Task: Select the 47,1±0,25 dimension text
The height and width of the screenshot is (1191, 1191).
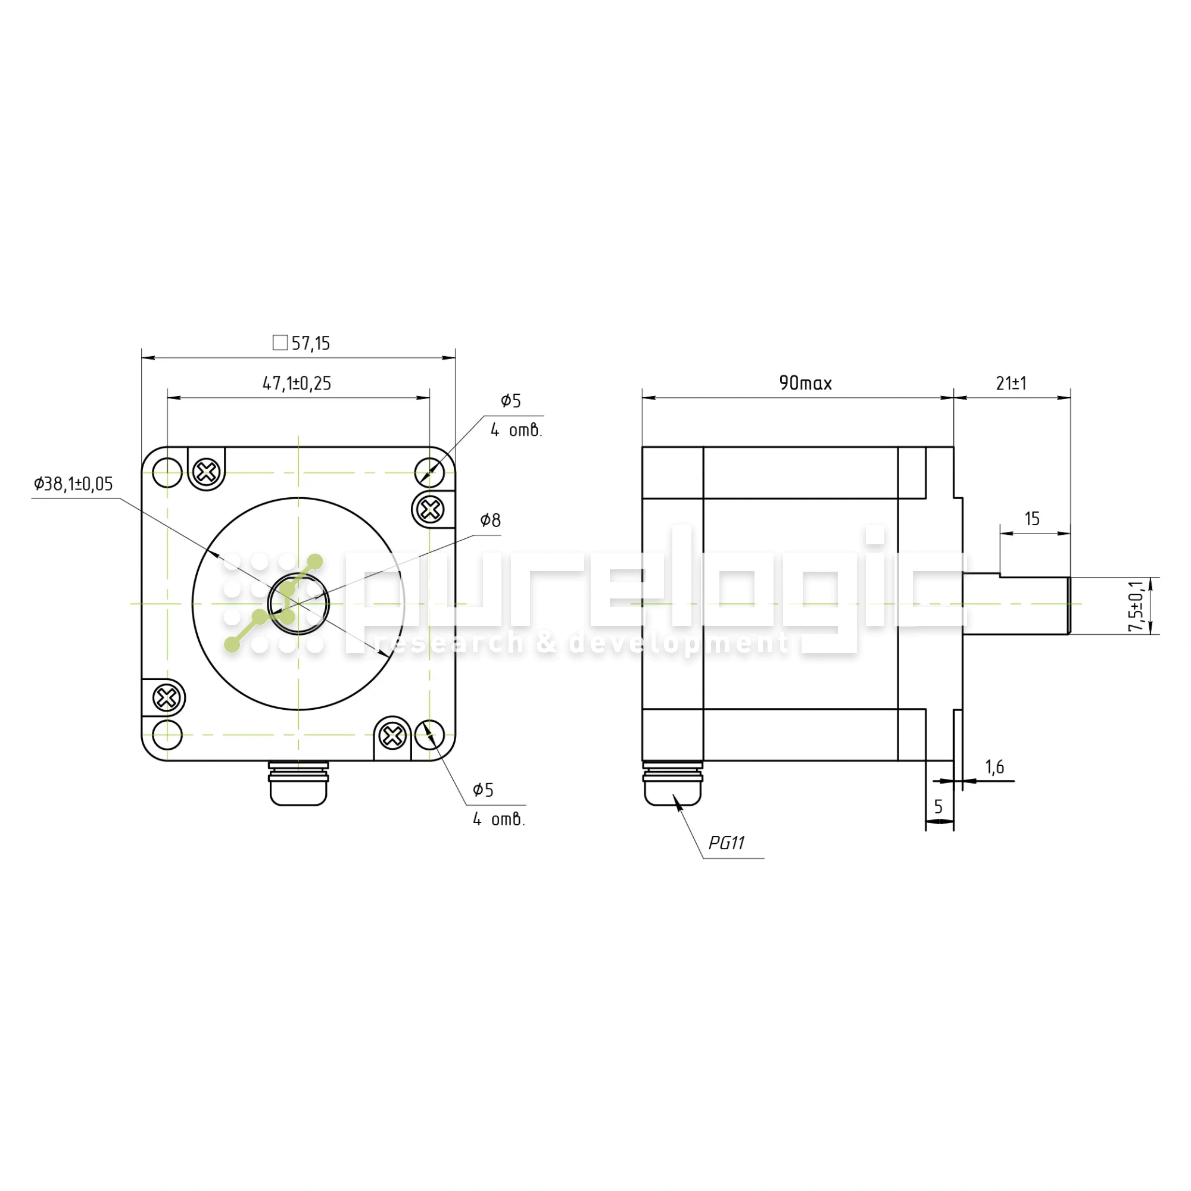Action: click(297, 384)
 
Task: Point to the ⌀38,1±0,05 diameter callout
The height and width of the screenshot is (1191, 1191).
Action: click(73, 484)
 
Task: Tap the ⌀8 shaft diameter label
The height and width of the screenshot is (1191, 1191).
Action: click(491, 520)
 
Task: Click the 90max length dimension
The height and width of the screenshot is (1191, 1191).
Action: click(806, 384)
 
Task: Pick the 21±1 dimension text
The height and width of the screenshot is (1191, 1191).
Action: click(1012, 384)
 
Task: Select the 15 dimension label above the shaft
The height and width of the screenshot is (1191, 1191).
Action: click(1033, 519)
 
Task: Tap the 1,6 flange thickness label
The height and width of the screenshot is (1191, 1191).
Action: click(995, 767)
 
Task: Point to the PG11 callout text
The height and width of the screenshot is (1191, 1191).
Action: click(727, 843)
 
